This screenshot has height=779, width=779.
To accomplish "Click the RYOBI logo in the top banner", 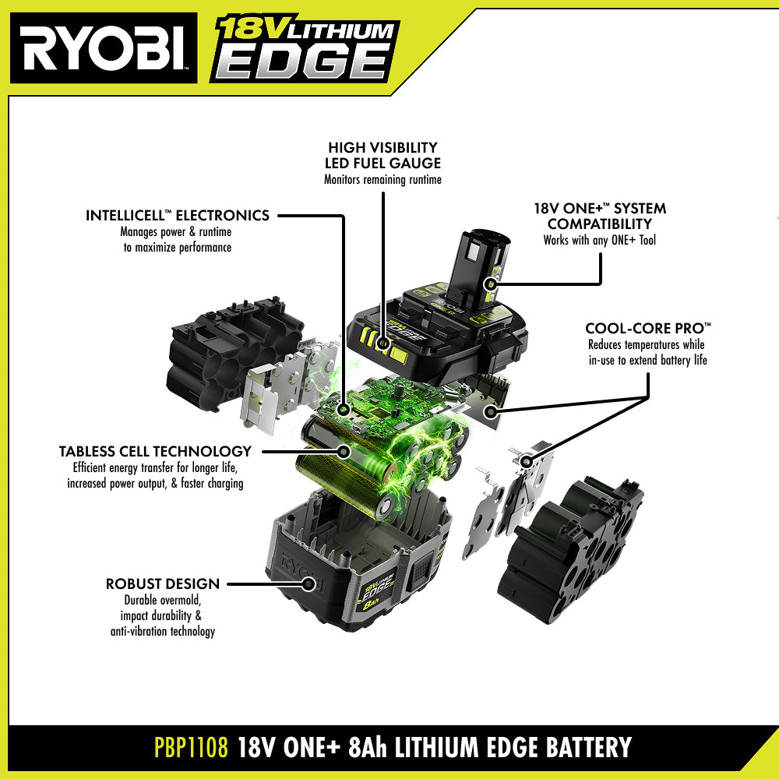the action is pyautogui.click(x=104, y=48).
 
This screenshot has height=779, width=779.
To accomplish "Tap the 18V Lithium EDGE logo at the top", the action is pyautogui.click(x=305, y=48).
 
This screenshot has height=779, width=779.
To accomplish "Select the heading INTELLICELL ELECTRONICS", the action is pyautogui.click(x=178, y=215).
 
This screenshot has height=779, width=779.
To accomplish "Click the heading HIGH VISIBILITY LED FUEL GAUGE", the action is pyautogui.click(x=382, y=155).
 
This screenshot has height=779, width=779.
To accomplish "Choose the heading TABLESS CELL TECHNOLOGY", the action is pyautogui.click(x=155, y=451).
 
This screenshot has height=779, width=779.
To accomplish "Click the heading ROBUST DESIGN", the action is pyautogui.click(x=163, y=583).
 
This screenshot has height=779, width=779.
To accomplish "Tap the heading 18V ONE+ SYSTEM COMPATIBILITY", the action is pyautogui.click(x=600, y=216).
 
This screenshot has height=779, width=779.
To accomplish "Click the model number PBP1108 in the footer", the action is pyautogui.click(x=192, y=747).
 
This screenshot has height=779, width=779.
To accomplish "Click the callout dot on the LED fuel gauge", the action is pyautogui.click(x=383, y=342).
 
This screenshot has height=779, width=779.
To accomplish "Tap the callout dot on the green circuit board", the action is pyautogui.click(x=344, y=410).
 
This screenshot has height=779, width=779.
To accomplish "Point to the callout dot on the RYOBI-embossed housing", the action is pyautogui.click(x=308, y=583).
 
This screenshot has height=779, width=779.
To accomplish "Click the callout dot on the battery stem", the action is pyautogui.click(x=491, y=284).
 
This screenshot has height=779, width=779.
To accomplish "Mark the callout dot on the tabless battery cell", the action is pyautogui.click(x=344, y=451).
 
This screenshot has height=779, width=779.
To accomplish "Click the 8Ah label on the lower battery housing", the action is pyautogui.click(x=371, y=605).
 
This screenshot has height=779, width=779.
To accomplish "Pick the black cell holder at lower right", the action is pyautogui.click(x=571, y=551).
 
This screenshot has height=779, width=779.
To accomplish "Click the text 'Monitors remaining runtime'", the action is pyautogui.click(x=382, y=179).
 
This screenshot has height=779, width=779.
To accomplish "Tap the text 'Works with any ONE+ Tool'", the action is pyautogui.click(x=600, y=240).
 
